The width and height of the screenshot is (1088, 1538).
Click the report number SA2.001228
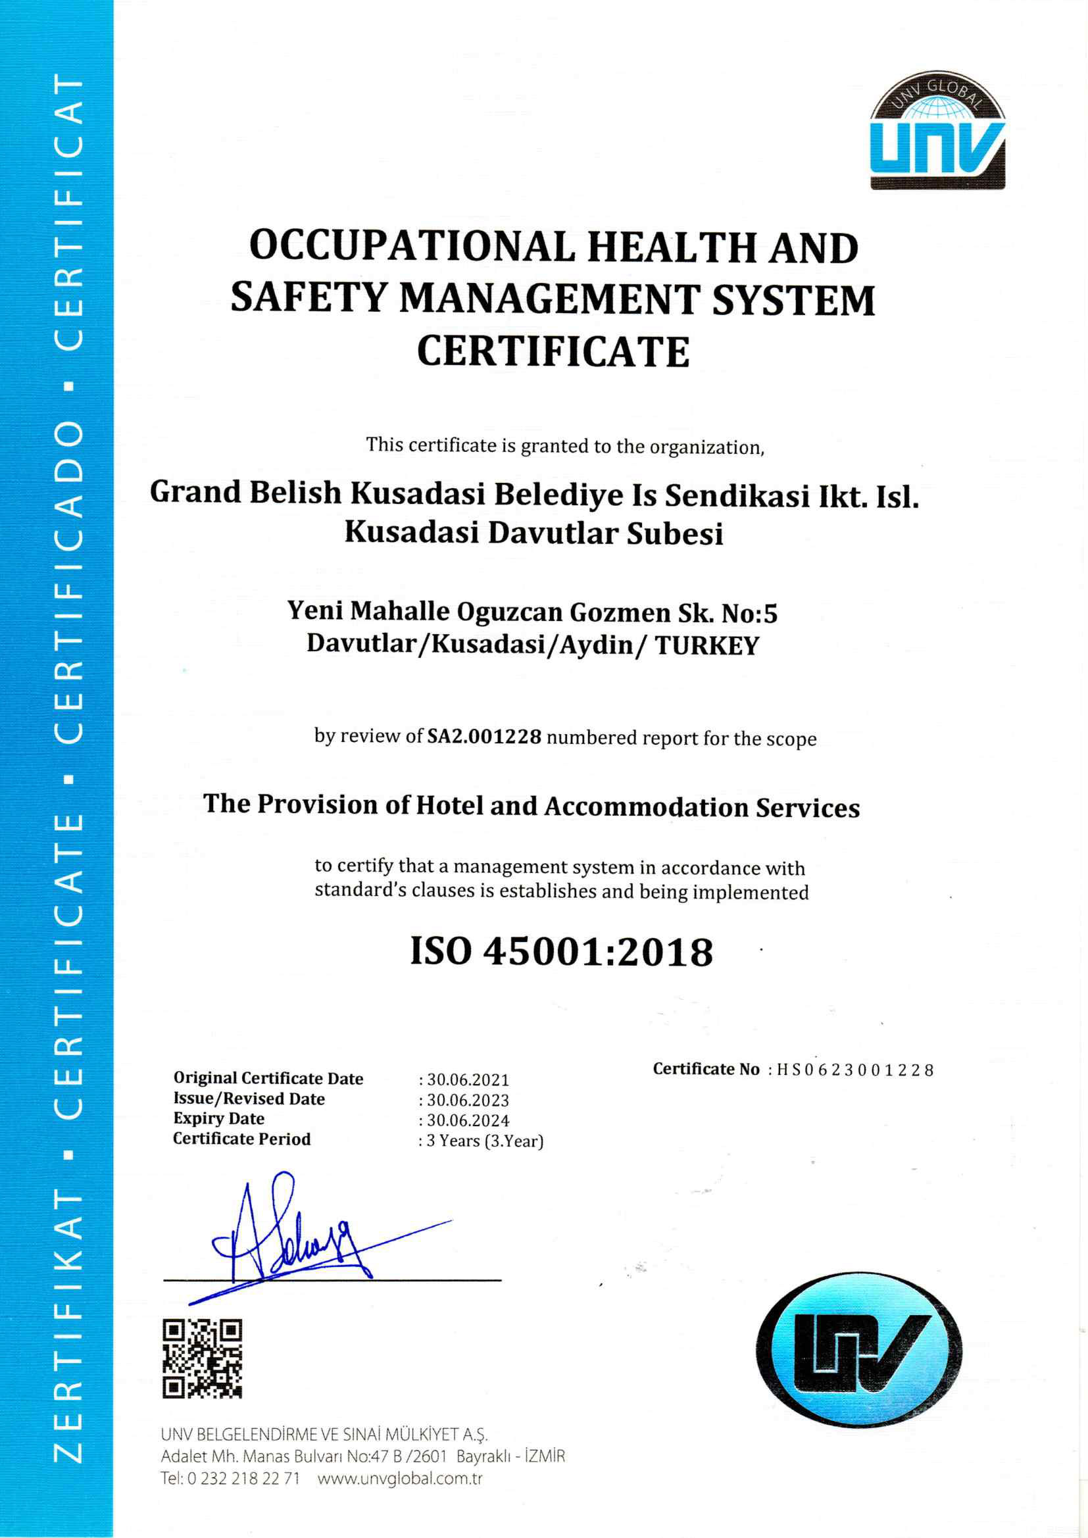coord(483,737)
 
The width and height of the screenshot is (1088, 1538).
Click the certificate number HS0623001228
coord(854,1070)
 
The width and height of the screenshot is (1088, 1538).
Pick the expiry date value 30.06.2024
coord(468,1121)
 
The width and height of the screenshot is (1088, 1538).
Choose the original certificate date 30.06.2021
coord(468,1079)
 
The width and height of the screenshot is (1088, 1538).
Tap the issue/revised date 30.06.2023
coord(468,1101)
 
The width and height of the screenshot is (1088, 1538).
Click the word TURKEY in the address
coord(706,646)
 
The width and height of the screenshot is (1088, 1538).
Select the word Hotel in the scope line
coord(449,805)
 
